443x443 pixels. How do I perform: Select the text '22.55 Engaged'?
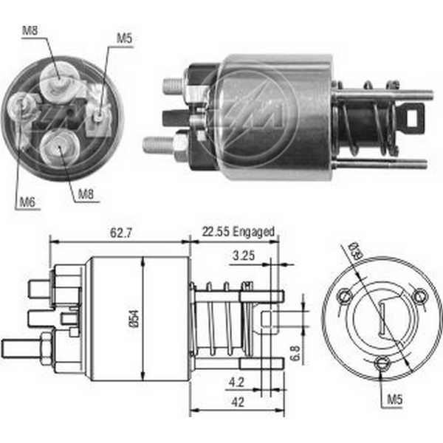[x=238, y=232]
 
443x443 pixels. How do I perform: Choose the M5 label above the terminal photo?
[x=125, y=36]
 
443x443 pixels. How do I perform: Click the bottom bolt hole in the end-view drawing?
[x=382, y=363]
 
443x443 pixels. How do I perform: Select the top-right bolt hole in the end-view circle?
[x=419, y=297]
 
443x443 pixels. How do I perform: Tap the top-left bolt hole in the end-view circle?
[x=344, y=297]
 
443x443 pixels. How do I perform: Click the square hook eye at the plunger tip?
[x=414, y=114]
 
